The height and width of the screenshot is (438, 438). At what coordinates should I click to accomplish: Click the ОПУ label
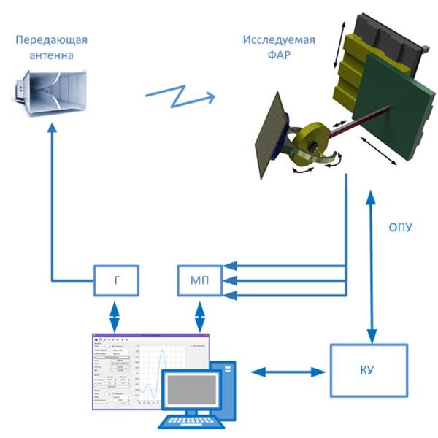pyautogui.click(x=401, y=227)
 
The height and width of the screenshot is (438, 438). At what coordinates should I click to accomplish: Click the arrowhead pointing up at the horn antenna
pyautogui.click(x=51, y=129)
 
